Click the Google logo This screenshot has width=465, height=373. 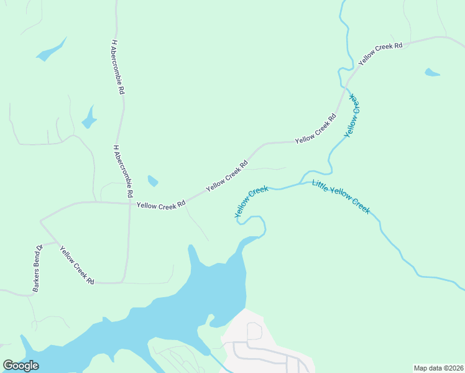point(21,366)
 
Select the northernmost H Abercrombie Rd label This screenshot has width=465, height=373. point(117,67)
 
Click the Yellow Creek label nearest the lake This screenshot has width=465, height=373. point(251,203)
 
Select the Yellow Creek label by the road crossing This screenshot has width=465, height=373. point(352,115)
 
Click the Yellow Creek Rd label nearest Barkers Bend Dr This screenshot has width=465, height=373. point(76,265)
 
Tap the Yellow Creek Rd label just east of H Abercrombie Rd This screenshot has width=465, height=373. point(161,204)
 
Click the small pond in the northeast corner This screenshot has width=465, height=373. point(431,73)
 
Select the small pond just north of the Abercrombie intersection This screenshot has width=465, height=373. point(152,181)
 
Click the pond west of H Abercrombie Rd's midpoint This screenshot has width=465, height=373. point(90,117)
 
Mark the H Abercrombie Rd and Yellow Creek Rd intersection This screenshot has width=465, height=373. point(129,203)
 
